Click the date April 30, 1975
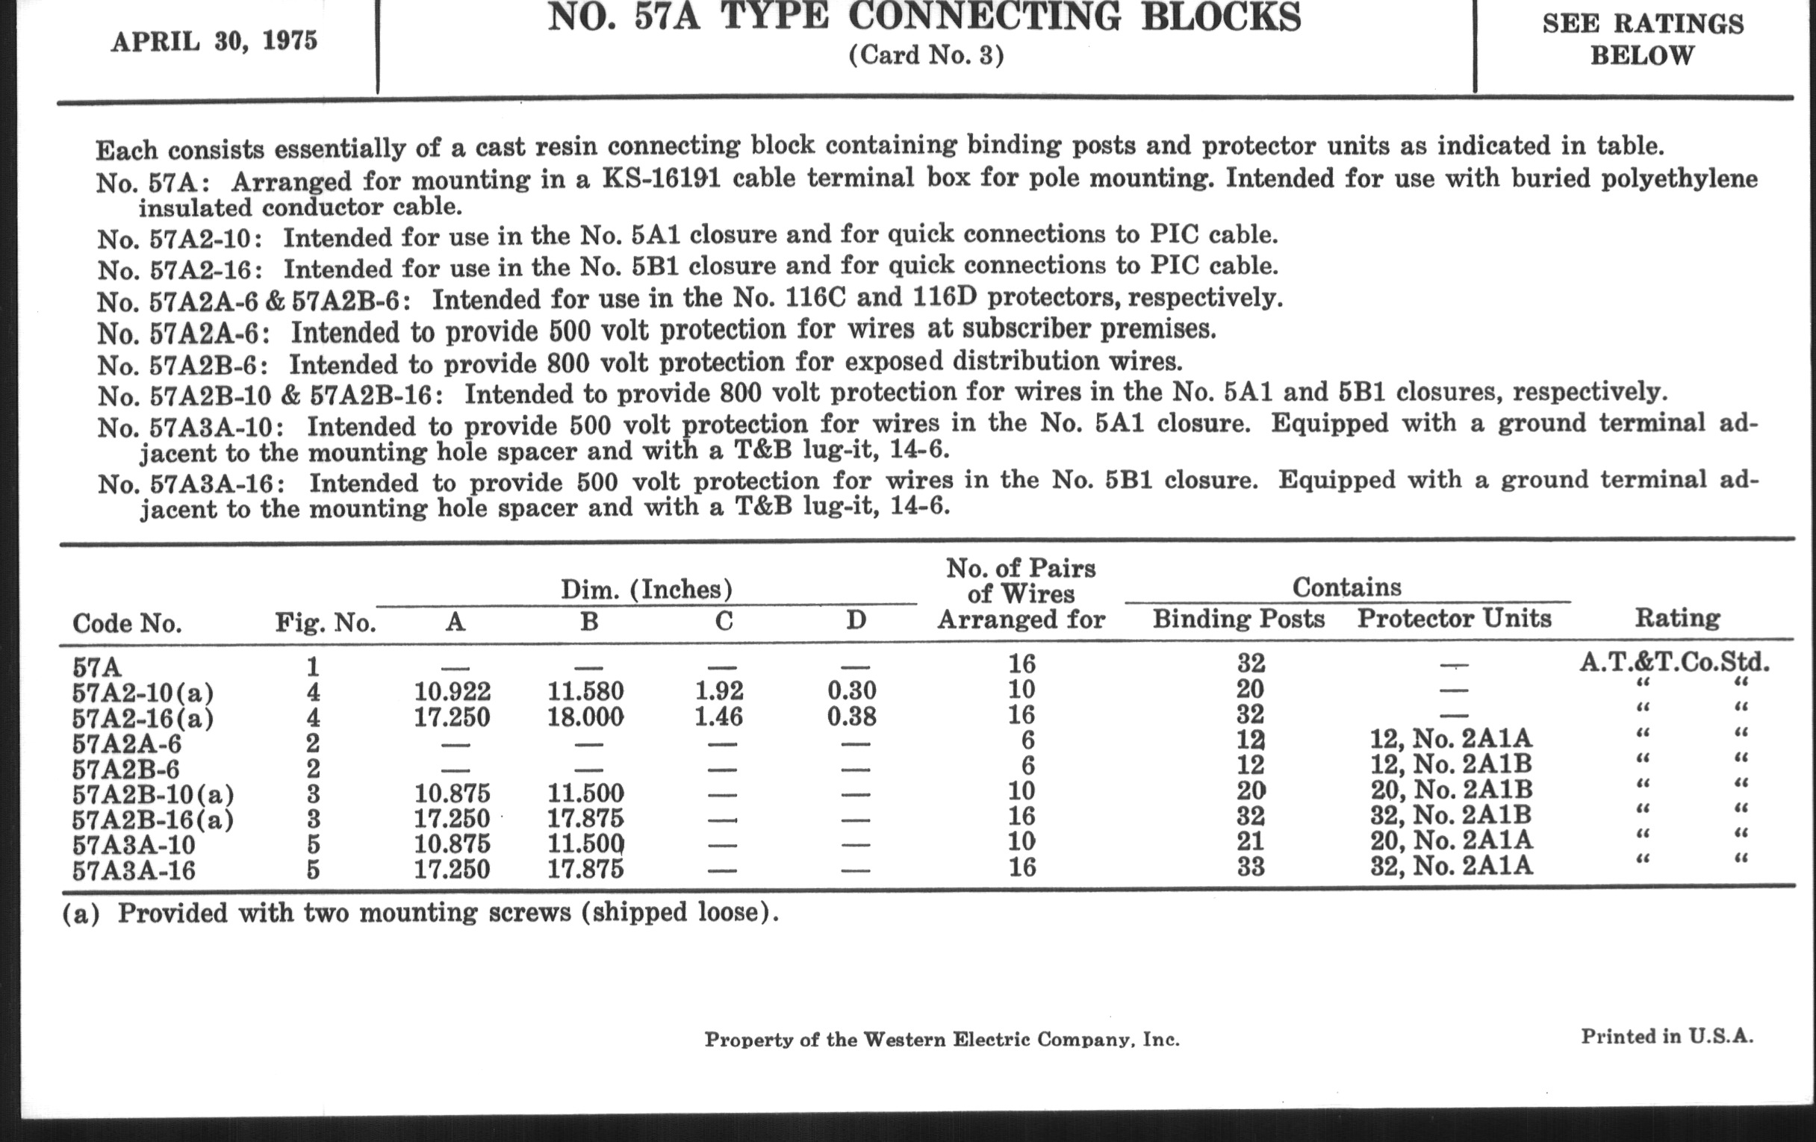point(214,42)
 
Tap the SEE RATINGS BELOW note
point(1643,40)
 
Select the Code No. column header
point(127,623)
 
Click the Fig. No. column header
point(325,623)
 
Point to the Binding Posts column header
point(1238,619)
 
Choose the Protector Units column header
point(1454,619)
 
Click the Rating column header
point(1677,619)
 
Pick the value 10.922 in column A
point(453,691)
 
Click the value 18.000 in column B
point(586,716)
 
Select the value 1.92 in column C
point(718,690)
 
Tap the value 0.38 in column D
point(851,715)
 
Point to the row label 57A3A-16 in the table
point(134,870)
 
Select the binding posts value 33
point(1251,867)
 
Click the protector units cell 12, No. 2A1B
point(1451,765)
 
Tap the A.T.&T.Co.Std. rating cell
point(1674,664)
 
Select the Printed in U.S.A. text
point(1667,1037)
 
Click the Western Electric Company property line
point(942,1040)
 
